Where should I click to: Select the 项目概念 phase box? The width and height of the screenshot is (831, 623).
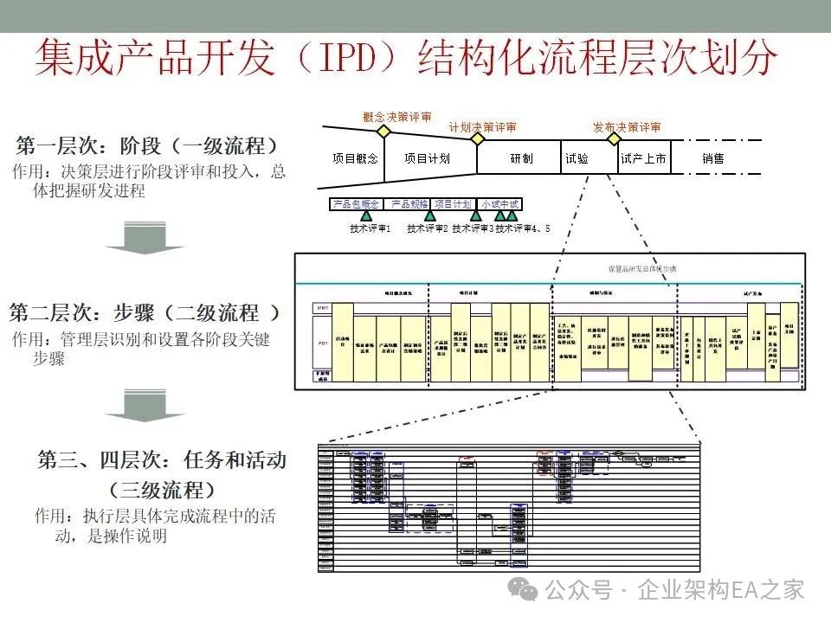click(355, 159)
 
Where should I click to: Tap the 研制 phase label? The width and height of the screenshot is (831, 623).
click(521, 159)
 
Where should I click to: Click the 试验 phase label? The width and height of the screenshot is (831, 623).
click(577, 159)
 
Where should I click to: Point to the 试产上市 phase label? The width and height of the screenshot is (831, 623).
click(643, 159)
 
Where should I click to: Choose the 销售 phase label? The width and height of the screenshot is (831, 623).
click(712, 159)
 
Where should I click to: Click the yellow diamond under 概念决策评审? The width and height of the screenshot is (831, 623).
click(383, 131)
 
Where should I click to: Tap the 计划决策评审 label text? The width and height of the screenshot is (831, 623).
click(482, 127)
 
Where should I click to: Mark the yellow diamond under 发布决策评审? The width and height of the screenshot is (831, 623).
click(614, 138)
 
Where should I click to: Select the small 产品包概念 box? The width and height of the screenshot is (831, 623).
click(356, 204)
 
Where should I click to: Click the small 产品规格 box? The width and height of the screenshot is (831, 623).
click(409, 204)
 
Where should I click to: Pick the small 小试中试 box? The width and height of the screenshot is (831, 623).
click(500, 204)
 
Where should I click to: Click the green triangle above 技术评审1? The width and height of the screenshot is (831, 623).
click(366, 217)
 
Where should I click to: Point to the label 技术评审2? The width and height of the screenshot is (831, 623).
click(427, 229)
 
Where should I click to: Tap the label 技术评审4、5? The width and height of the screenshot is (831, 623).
click(523, 229)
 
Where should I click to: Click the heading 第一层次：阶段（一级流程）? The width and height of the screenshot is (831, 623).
click(147, 145)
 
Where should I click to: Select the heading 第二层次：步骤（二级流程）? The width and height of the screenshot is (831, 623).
click(145, 312)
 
